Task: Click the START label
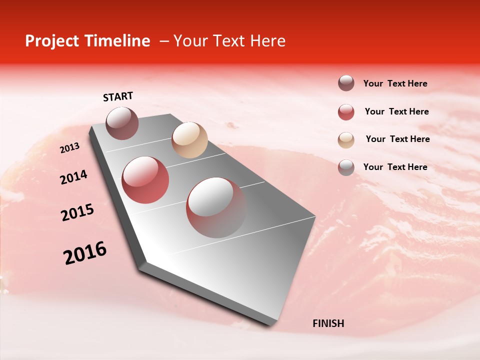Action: [118, 96]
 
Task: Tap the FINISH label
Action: [328, 323]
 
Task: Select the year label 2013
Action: [69, 148]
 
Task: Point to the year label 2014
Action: [73, 177]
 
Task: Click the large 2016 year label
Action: [85, 253]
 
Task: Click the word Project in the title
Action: [52, 41]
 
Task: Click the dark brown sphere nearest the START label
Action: [122, 123]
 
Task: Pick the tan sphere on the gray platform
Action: [189, 140]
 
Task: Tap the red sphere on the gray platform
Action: [145, 180]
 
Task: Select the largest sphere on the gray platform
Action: [216, 207]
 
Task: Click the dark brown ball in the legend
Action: [346, 83]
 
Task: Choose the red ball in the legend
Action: [346, 112]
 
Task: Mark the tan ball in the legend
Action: [346, 140]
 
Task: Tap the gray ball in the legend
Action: [346, 167]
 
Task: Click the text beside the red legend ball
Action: [396, 111]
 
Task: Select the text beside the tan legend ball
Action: [397, 139]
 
